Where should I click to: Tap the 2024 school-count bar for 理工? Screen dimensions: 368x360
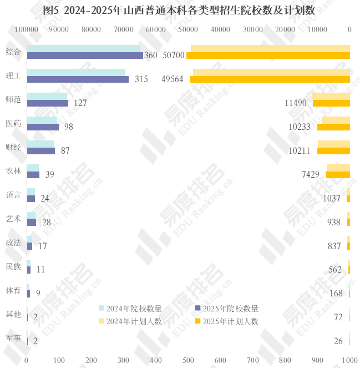tap(76, 72)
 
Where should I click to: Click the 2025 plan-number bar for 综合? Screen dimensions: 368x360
tap(268, 56)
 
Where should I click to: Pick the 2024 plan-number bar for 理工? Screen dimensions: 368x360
tap(271, 72)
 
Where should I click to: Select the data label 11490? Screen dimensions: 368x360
tap(296, 103)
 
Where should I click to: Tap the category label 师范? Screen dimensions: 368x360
tap(13, 99)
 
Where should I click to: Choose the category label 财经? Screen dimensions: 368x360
tap(13, 147)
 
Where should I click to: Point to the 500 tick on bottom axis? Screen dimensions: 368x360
tap(189, 360)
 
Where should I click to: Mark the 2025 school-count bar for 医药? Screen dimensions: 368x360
tap(43, 127)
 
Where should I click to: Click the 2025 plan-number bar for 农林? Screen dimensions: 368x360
tap(338, 175)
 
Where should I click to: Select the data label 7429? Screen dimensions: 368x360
tap(311, 175)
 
